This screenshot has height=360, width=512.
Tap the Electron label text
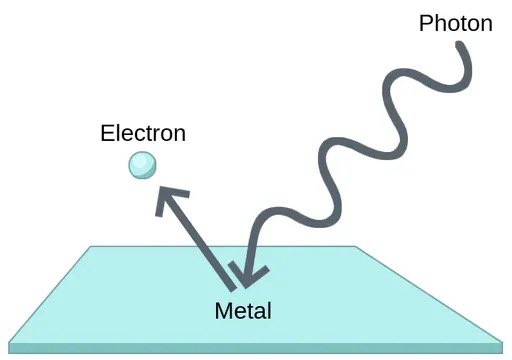coord(143,133)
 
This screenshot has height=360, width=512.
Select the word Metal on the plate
coord(243,310)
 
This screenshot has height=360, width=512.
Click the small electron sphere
coord(141,164)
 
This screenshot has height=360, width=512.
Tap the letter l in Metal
coord(268,310)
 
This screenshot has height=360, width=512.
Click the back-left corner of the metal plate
coord(91,246)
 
